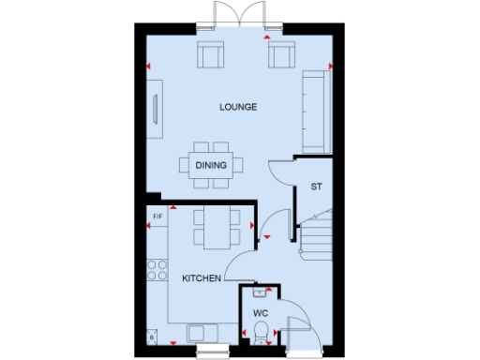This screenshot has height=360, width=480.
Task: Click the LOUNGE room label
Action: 238,107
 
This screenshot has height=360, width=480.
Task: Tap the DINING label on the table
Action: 210,166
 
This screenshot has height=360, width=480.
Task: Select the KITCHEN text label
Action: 202,278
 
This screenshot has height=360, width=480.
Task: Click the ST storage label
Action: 317,187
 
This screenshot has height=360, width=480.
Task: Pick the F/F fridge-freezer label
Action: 157,217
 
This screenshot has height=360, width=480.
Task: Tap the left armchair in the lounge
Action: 210,56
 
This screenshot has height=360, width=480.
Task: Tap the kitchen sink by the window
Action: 201,333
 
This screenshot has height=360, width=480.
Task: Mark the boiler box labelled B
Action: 152,336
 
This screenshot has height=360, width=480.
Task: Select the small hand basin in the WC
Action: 259,291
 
